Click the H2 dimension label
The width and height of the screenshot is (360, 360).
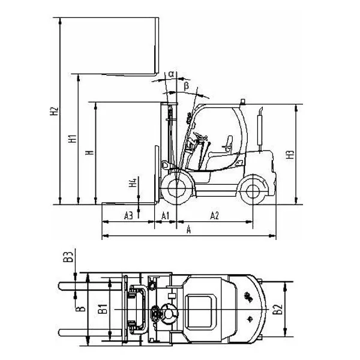(54, 111)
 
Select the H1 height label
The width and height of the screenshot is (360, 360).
(72, 139)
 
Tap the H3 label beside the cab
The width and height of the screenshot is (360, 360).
(290, 155)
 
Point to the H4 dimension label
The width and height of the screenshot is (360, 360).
(133, 182)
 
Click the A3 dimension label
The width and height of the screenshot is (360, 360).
(128, 216)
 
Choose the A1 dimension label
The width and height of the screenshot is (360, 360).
(166, 216)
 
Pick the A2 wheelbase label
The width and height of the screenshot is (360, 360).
(214, 216)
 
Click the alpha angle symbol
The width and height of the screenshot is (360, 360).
(171, 74)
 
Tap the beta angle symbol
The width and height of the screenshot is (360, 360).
(187, 86)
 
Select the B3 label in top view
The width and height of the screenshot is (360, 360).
(68, 257)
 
